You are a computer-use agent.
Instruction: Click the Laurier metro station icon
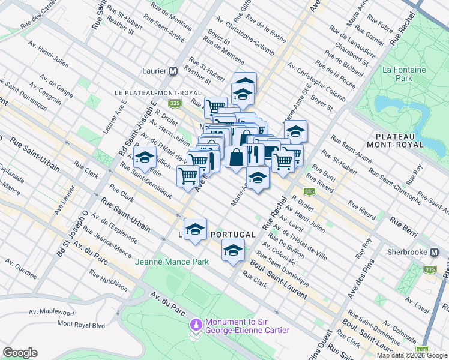click(173, 70)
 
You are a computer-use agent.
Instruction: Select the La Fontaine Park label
click(405, 74)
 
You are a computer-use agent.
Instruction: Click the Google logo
click(20, 353)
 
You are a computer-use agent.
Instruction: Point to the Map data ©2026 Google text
click(412, 355)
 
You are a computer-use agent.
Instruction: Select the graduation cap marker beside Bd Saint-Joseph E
click(145, 158)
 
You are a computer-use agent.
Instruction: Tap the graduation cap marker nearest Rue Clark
click(232, 251)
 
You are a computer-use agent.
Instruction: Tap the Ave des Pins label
click(362, 279)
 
